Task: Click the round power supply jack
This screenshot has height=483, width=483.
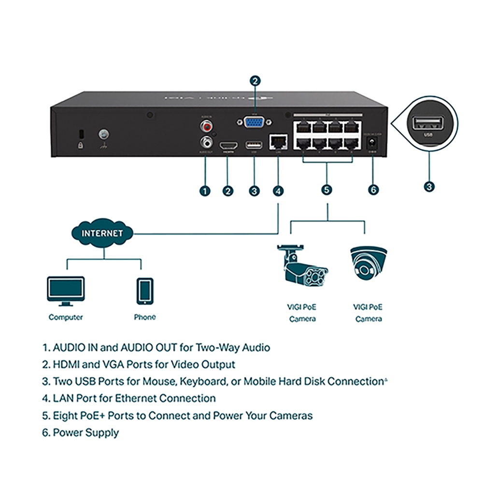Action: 372,143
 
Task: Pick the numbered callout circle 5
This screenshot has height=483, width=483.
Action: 327,190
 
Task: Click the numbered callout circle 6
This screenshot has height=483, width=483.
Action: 373,190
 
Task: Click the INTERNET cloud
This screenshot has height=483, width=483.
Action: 102,233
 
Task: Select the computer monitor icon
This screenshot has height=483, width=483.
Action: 66,290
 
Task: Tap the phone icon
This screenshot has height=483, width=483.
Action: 145,290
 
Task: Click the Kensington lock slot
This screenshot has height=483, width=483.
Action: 81,133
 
